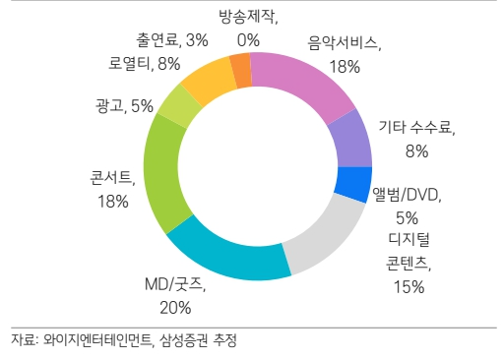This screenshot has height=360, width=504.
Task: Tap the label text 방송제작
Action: [247, 17]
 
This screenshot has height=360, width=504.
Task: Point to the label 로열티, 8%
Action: [145, 64]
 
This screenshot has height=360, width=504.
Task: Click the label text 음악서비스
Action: [345, 43]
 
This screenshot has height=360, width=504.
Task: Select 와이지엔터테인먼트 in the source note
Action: [97, 341]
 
